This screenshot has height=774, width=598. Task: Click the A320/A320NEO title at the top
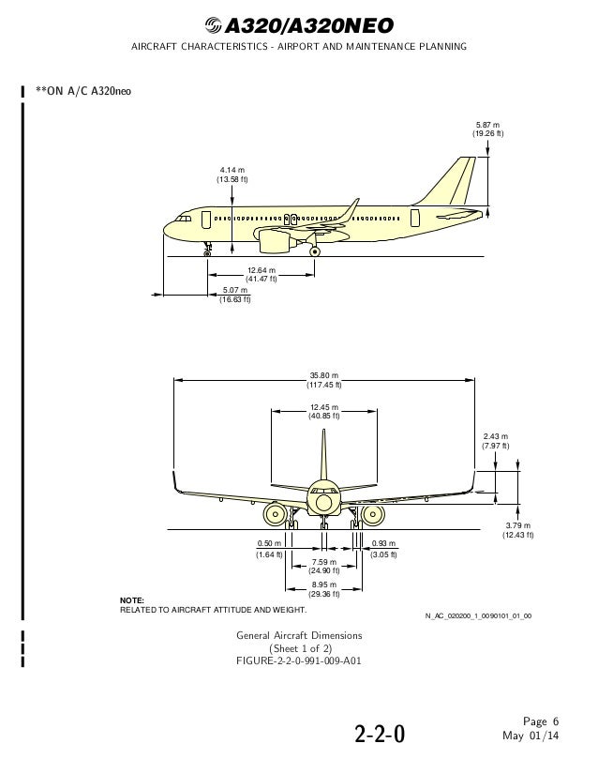[x=300, y=25]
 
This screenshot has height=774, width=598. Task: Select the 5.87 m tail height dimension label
[x=488, y=129]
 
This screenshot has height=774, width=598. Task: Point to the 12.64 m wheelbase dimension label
[x=262, y=275]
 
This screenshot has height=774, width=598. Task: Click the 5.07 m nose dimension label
[x=234, y=295]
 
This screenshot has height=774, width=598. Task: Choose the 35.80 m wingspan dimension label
[x=325, y=380]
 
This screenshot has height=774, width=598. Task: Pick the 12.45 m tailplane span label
[x=324, y=411]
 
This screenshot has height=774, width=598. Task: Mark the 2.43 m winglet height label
[x=495, y=441]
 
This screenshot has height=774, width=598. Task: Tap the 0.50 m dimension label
[x=269, y=549]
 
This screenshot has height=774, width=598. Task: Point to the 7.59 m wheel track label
[x=324, y=566]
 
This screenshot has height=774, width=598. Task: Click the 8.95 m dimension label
[x=324, y=588]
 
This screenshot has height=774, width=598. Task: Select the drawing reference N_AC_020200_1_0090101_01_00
[x=478, y=616]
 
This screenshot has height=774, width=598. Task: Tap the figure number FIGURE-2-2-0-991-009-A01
[x=299, y=660]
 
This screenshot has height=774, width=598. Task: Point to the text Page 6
[x=541, y=721]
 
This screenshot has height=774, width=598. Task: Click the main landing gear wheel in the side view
[x=315, y=250]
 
